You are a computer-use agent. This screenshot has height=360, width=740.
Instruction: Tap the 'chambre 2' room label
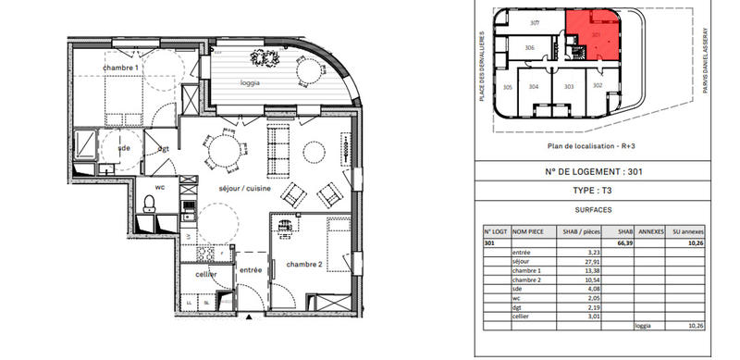[302, 264]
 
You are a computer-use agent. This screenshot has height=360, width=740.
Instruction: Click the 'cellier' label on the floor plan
[205, 274]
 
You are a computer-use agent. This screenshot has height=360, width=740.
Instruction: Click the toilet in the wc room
[149, 204]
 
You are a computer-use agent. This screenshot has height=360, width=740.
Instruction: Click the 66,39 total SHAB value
[623, 244]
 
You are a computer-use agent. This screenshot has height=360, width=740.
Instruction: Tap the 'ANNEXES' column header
[653, 232]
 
